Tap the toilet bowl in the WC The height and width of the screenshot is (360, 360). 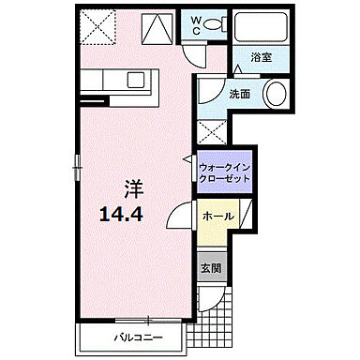214,25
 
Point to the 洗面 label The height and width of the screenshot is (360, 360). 239,94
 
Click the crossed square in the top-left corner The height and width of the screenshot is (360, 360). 95,25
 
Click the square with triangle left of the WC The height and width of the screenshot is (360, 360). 157,25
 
